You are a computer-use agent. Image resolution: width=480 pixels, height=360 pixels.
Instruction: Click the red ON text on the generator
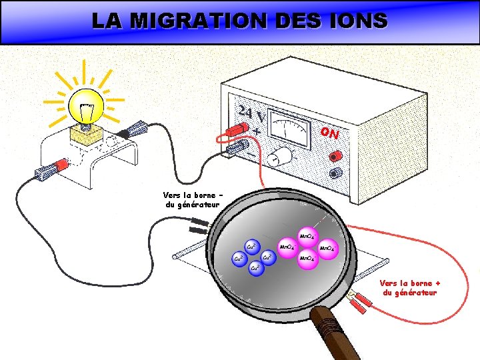point(329,133)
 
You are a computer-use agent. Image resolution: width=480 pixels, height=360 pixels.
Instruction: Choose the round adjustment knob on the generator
point(282,157)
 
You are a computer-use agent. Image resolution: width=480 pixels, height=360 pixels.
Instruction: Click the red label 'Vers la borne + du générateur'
point(410,287)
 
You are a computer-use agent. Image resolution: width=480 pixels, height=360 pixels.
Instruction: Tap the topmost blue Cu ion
point(253,247)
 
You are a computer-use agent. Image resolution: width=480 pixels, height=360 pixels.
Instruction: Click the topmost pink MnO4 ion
point(308,236)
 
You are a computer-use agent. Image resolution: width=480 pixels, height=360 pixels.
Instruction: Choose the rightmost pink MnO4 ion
point(327,249)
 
